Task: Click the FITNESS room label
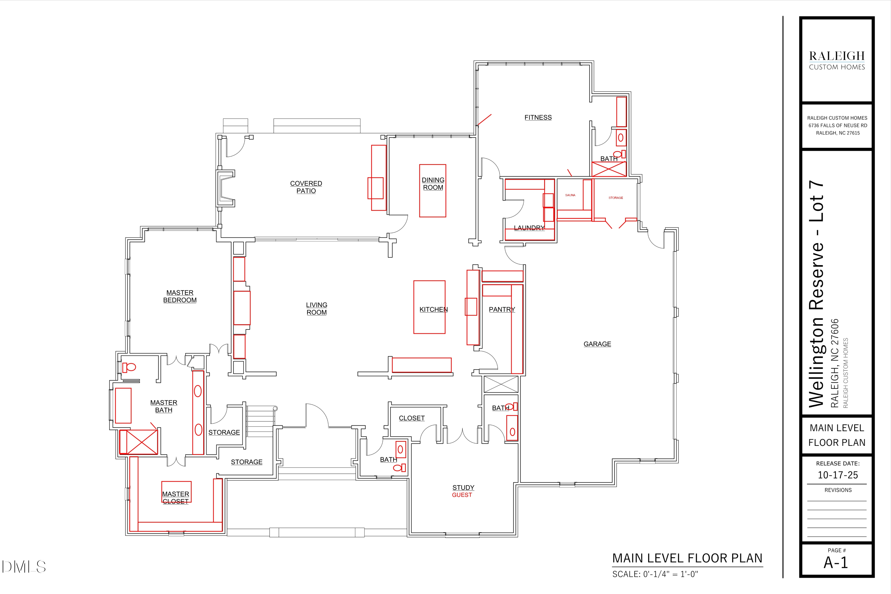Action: (x=538, y=117)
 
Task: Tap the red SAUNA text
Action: (x=570, y=195)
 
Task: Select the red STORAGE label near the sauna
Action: (x=616, y=198)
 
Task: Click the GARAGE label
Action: (x=597, y=344)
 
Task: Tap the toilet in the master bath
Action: (x=129, y=367)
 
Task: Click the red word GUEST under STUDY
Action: (x=462, y=495)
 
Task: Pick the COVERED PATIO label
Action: (x=306, y=187)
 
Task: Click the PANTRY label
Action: (x=502, y=309)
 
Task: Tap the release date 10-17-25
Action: (x=838, y=475)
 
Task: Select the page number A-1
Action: (x=836, y=563)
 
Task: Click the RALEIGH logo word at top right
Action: (x=837, y=56)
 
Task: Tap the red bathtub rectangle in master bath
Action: (x=123, y=405)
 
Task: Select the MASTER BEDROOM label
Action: (x=180, y=296)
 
